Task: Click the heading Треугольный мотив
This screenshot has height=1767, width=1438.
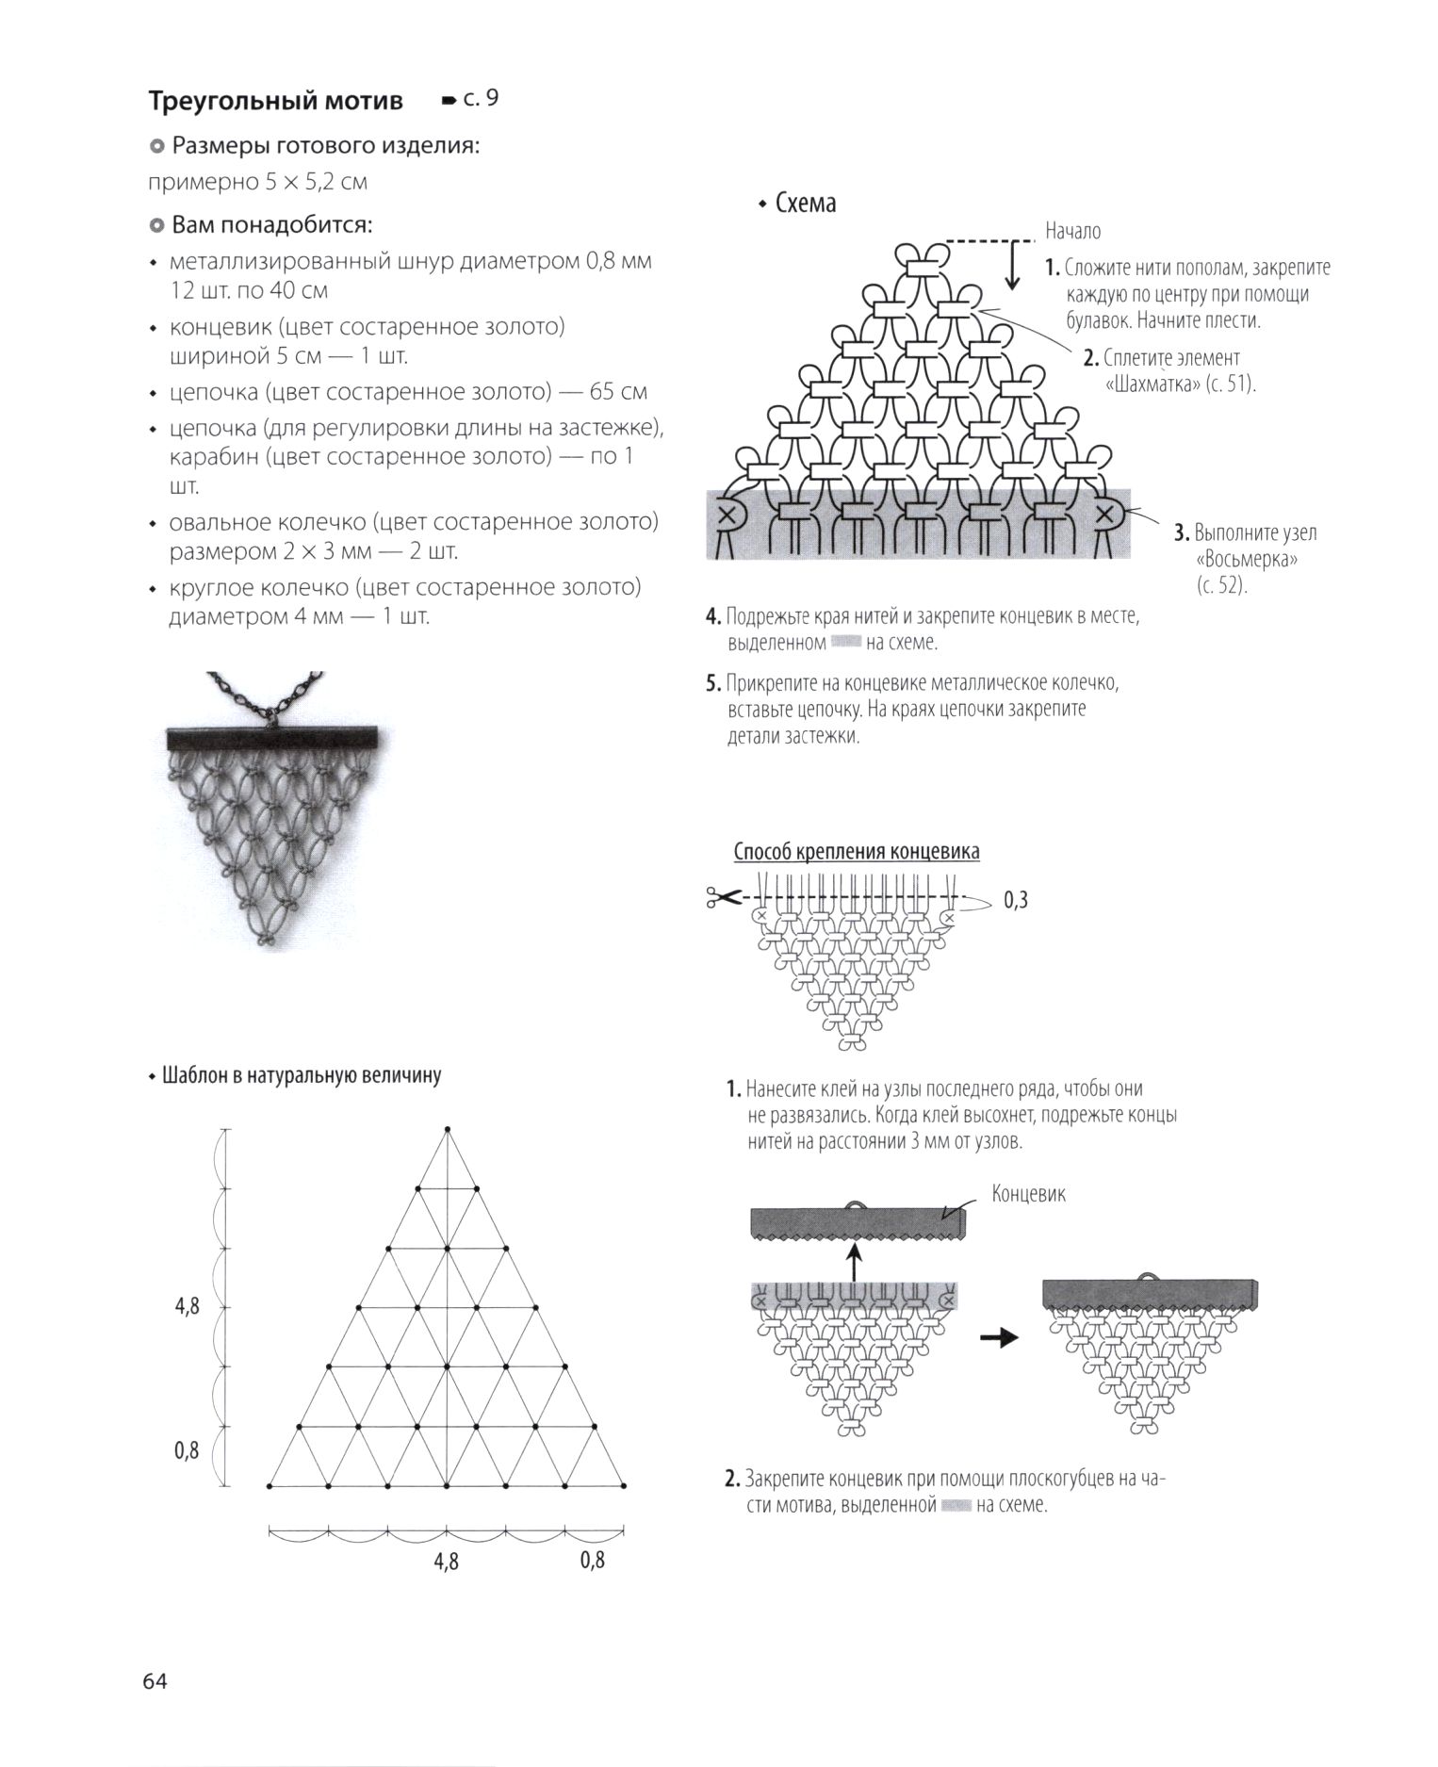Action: point(275,101)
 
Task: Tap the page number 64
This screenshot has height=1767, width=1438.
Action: point(155,1679)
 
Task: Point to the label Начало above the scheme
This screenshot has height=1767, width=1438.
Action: point(1072,231)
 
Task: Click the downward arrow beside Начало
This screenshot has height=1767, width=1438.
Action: point(1013,265)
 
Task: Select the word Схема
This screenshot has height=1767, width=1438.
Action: point(806,204)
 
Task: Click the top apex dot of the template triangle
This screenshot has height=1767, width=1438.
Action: point(448,1128)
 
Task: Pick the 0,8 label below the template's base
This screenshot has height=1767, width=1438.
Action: point(593,1560)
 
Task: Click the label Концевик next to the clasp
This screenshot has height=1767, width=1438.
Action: point(1029,1194)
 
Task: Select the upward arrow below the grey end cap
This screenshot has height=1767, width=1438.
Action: point(854,1261)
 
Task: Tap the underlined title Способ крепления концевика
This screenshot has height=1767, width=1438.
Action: point(857,852)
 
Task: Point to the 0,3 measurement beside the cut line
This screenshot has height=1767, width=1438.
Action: point(1016,900)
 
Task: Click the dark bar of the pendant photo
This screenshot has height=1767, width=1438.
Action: point(272,738)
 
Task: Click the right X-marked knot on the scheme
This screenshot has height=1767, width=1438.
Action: point(1107,515)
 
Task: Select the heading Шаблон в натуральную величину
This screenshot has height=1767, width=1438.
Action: point(302,1075)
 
